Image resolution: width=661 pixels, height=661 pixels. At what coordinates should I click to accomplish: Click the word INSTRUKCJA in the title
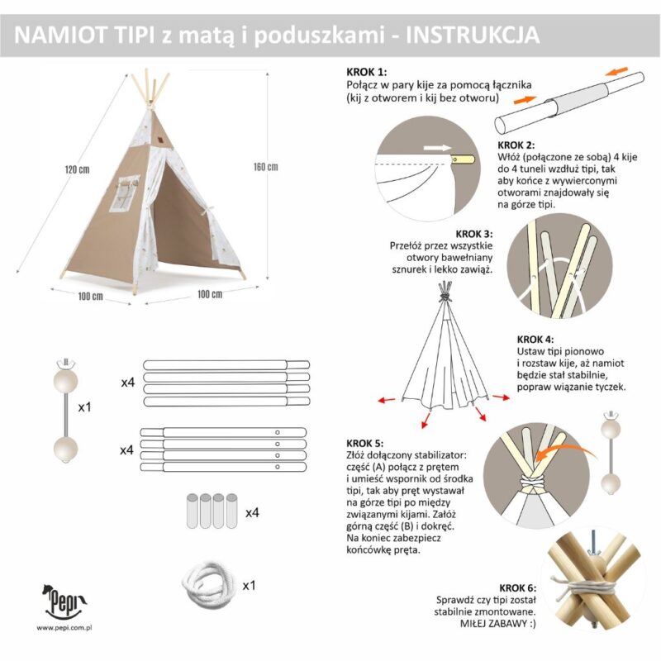click(473, 35)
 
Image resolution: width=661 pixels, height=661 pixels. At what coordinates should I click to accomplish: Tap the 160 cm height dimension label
click(265, 167)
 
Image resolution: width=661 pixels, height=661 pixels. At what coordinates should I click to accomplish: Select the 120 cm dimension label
click(77, 169)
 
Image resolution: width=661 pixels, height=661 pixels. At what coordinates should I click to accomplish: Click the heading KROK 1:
click(366, 72)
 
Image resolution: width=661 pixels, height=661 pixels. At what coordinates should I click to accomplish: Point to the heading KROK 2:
click(516, 145)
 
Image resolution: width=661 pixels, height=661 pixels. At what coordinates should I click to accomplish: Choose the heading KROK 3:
click(473, 234)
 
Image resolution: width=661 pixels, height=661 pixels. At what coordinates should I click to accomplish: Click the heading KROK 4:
click(535, 340)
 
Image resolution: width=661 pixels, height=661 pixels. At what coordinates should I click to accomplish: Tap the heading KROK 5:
click(365, 444)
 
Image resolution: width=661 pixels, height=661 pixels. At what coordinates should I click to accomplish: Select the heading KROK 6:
click(518, 588)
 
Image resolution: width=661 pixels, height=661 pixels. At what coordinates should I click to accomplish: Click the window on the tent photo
click(125, 193)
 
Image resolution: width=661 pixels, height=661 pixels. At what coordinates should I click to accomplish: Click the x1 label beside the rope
click(250, 586)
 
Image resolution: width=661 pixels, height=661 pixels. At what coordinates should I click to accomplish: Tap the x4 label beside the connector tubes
click(252, 513)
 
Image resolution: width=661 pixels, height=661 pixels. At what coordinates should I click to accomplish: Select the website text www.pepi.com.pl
click(64, 628)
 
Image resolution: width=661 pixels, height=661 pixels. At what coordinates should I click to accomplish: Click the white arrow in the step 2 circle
click(437, 148)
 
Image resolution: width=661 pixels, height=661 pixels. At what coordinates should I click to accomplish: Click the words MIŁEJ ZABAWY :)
click(498, 624)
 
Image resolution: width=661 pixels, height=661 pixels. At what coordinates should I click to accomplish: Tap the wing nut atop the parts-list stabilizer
click(65, 362)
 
